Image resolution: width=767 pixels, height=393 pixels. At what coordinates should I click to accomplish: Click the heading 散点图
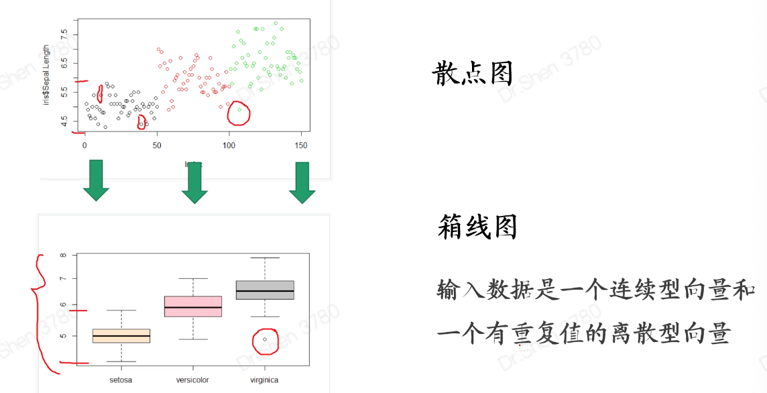click(473, 74)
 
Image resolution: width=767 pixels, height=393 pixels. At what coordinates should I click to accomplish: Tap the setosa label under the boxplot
click(121, 380)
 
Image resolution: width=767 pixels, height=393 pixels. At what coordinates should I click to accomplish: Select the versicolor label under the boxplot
click(192, 380)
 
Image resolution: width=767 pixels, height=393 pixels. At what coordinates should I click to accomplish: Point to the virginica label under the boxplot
click(263, 380)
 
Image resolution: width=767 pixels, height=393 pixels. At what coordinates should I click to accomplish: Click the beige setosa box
click(121, 335)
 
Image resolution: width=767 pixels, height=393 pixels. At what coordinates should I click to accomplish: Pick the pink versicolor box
click(193, 306)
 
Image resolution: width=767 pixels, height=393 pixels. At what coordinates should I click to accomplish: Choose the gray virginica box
click(265, 290)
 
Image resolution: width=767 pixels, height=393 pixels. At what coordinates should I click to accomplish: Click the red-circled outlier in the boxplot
click(265, 339)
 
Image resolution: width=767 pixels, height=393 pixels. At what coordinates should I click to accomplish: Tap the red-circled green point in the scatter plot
click(239, 109)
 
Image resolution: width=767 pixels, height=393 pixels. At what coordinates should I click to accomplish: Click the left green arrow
click(96, 180)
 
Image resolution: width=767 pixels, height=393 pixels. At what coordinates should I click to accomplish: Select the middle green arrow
click(194, 182)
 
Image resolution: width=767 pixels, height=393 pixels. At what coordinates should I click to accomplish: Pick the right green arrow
click(302, 182)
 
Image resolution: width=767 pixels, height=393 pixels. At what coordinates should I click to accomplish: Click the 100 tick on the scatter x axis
click(229, 145)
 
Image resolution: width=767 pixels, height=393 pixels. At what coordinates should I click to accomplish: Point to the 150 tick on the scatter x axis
click(302, 145)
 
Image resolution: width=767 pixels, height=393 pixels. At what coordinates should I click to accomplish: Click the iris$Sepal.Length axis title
click(46, 85)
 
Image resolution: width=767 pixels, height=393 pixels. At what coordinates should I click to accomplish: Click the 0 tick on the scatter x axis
click(84, 145)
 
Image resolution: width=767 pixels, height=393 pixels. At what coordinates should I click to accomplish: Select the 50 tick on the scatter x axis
click(157, 145)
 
